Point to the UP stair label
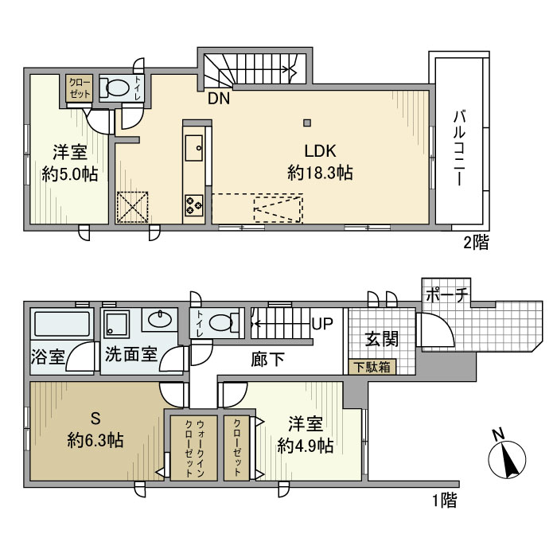322,325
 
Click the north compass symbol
504,456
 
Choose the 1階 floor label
444,501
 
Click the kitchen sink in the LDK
194,146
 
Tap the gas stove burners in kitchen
194,204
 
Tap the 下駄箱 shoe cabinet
371,367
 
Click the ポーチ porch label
446,294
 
